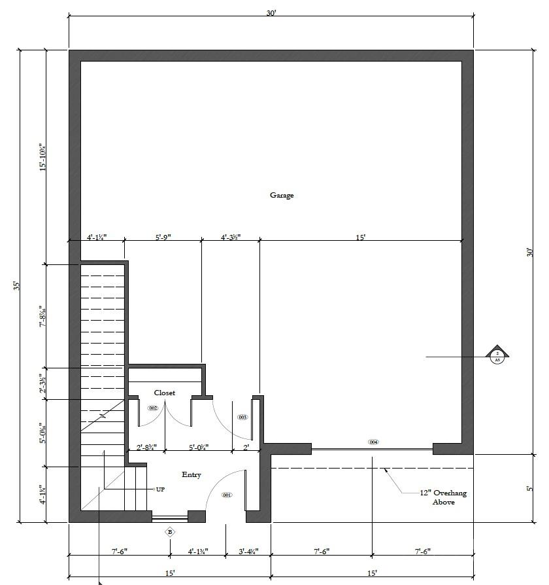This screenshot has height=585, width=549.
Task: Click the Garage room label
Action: pyautogui.click(x=282, y=195)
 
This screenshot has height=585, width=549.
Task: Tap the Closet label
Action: pyautogui.click(x=164, y=393)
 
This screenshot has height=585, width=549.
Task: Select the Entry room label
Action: pyautogui.click(x=191, y=475)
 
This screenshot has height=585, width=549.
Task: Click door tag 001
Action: pyautogui.click(x=227, y=495)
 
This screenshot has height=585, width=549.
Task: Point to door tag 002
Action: pyautogui.click(x=153, y=408)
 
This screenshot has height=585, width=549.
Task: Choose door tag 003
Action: pyautogui.click(x=242, y=417)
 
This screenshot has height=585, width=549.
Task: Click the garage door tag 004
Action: pyautogui.click(x=373, y=442)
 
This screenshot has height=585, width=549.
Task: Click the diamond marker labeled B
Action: pyautogui.click(x=170, y=532)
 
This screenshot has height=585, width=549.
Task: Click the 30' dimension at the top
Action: pyautogui.click(x=271, y=14)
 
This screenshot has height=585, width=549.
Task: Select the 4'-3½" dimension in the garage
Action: pyautogui.click(x=230, y=238)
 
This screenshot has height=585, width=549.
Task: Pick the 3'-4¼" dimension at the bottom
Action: pyautogui.click(x=248, y=552)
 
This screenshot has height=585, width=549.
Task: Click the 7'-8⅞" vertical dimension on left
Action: pyautogui.click(x=42, y=315)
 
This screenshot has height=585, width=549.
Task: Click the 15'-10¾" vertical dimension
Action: pyautogui.click(x=42, y=157)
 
